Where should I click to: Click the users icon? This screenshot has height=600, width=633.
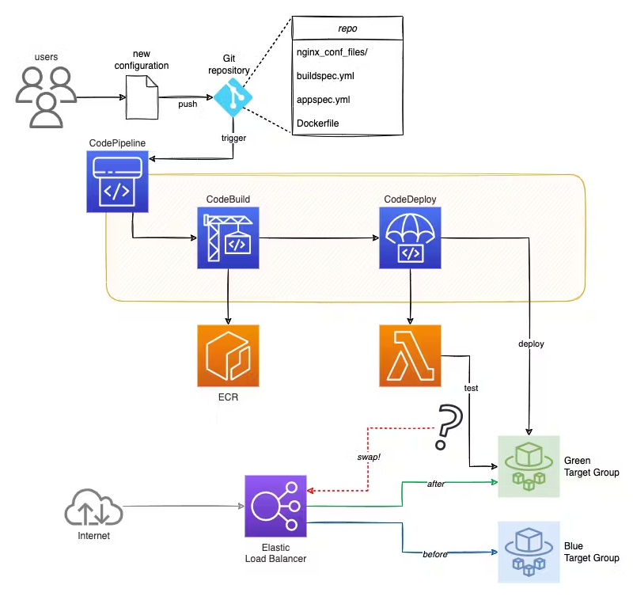(47, 97)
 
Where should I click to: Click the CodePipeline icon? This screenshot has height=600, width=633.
(118, 181)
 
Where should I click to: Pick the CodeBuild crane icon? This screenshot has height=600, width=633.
(229, 237)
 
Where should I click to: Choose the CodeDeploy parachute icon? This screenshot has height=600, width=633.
(411, 237)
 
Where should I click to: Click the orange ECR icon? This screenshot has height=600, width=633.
(229, 355)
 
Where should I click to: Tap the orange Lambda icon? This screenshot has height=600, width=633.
(411, 355)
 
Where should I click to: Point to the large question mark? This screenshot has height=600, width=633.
(449, 428)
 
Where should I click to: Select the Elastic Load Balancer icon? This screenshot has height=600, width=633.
(275, 507)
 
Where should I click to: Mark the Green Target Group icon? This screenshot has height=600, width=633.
(528, 466)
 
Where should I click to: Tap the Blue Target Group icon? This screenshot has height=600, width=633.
(528, 552)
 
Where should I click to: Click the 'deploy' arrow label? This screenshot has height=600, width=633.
(531, 344)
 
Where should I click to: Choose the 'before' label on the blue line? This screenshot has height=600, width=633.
(435, 554)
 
